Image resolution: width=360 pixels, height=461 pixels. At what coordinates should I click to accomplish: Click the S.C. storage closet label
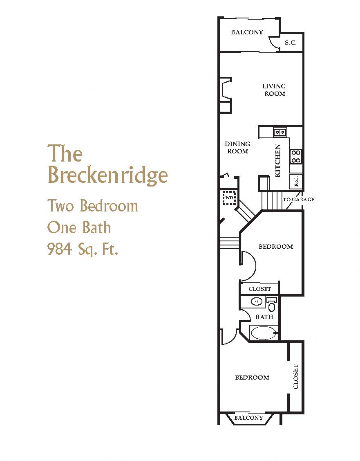[x=291, y=42]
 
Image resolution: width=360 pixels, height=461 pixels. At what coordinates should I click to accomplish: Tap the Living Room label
[x=274, y=90]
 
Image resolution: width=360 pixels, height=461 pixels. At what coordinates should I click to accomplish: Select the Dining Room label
[x=237, y=148]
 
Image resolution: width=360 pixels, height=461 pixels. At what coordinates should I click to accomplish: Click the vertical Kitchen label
[x=278, y=160]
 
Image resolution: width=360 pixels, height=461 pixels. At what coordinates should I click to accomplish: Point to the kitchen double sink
[x=280, y=132]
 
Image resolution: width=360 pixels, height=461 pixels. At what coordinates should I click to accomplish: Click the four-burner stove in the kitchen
[x=296, y=157]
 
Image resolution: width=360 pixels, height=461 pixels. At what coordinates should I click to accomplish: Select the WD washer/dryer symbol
[x=229, y=198]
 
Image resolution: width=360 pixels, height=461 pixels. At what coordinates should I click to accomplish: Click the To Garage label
[x=298, y=200]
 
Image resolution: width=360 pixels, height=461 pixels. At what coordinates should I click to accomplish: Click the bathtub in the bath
[x=264, y=333]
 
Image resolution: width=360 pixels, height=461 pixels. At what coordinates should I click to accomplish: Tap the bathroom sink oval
[x=256, y=302]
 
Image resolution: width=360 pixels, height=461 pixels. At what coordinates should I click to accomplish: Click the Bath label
[x=264, y=317]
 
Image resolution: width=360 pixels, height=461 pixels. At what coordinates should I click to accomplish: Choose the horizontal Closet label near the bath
[x=259, y=289]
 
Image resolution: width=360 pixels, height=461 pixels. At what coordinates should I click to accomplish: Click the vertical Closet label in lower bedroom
[x=296, y=377]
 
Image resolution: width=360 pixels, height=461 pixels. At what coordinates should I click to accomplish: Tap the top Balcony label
[x=247, y=32]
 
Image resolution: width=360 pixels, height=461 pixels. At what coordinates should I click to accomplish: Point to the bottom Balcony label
[x=248, y=418]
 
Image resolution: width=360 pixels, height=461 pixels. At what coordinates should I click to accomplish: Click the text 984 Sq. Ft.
[x=83, y=249]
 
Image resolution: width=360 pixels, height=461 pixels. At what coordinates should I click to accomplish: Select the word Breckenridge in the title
[x=107, y=175]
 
